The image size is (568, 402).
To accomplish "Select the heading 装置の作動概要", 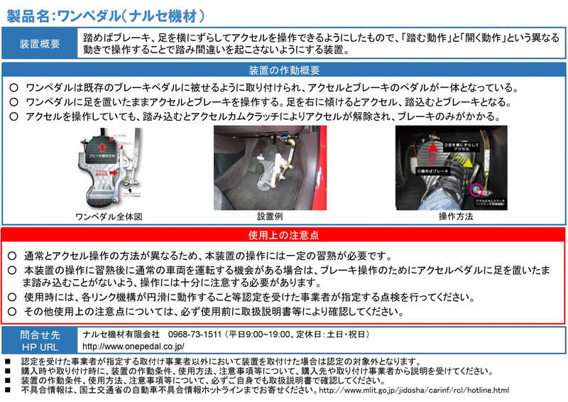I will point(284,70).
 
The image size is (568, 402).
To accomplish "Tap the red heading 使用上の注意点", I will point(283,234).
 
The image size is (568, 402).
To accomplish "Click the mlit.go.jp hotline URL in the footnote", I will point(415,390).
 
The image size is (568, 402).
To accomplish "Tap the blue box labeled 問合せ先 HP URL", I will point(40,339).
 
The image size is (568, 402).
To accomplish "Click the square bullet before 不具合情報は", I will point(8,390).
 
